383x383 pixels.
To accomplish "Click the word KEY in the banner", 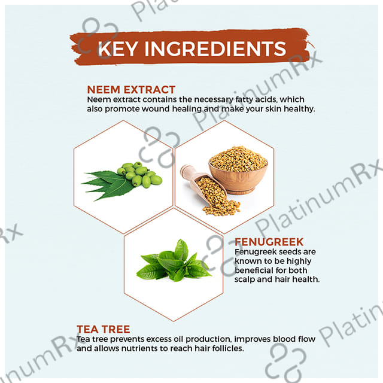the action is pyautogui.click(x=117, y=48).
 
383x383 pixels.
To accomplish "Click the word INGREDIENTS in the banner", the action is pyautogui.click(x=215, y=48).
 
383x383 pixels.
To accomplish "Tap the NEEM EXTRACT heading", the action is pyautogui.click(x=131, y=90).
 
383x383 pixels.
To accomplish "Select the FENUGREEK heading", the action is pyautogui.click(x=269, y=242).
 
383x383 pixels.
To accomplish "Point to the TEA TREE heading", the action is pyautogui.click(x=104, y=329).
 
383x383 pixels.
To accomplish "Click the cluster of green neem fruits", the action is pyautogui.click(x=139, y=174).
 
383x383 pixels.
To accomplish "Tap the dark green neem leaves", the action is pyautogui.click(x=108, y=185).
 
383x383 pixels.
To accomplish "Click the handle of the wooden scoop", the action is pyautogui.click(x=187, y=171).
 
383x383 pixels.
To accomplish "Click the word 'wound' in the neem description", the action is pyautogui.click(x=156, y=109).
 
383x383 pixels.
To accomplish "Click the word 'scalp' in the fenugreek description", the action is pyautogui.click(x=245, y=279).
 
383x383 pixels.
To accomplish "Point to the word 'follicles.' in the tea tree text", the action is pyautogui.click(x=228, y=348).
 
